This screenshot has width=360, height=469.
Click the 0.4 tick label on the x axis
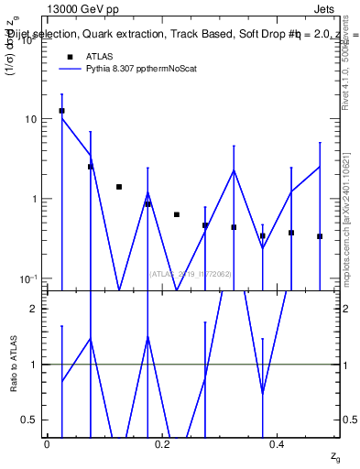point(278,443)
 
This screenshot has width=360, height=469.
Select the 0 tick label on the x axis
point(47,443)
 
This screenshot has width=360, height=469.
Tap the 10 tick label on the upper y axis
point(30,120)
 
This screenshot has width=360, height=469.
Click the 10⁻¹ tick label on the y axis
point(27,278)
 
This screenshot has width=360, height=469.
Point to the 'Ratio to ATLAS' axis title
point(13,365)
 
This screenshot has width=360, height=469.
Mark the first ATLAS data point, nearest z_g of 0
point(61,111)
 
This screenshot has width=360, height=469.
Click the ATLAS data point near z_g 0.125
point(119,187)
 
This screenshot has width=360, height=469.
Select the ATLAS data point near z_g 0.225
point(177,214)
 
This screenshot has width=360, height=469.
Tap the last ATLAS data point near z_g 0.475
point(320,236)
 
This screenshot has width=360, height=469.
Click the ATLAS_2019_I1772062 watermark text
point(191,273)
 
